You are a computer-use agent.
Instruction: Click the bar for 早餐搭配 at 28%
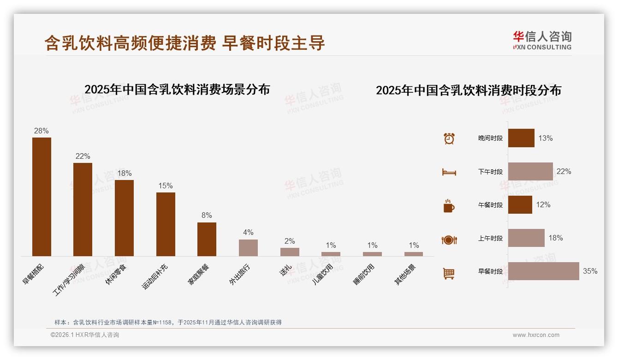pos(42,197)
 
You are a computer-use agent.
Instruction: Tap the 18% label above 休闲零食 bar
pos(124,174)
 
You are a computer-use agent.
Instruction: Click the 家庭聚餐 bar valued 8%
pos(207,239)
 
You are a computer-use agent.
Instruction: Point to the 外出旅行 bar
pos(248,248)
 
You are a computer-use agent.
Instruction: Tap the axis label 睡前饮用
pos(364,274)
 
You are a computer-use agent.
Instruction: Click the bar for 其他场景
pos(414,254)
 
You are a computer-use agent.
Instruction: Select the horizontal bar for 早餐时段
pos(543,271)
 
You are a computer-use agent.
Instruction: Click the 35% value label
pos(590,271)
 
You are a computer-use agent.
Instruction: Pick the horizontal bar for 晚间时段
pos(521,138)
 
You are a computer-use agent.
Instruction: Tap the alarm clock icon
pos(449,138)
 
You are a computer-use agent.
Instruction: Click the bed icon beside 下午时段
pos(449,172)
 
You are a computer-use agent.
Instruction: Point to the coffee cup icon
pos(449,206)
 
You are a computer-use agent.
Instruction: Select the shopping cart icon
pos(449,273)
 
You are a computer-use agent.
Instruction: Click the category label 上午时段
pos(490,239)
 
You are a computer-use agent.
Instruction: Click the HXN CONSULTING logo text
pos(542,47)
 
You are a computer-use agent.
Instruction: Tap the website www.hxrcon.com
pos(536,335)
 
